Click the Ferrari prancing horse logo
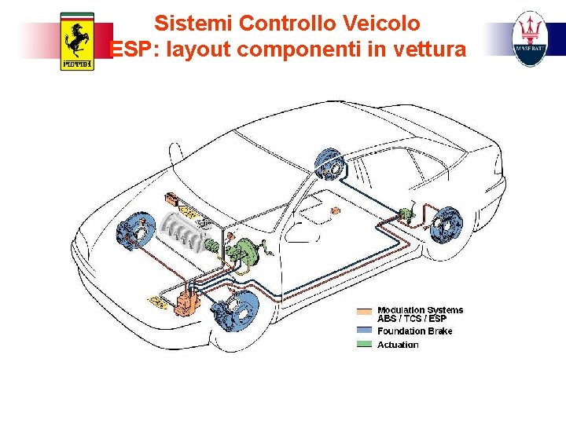(76, 41)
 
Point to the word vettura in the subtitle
(429, 49)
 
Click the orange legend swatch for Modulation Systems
(364, 311)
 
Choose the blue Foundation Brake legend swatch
(364, 331)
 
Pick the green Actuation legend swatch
(364, 344)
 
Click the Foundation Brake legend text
(414, 331)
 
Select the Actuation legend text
(398, 345)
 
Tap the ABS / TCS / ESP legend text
(411, 319)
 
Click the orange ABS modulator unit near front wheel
(186, 302)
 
